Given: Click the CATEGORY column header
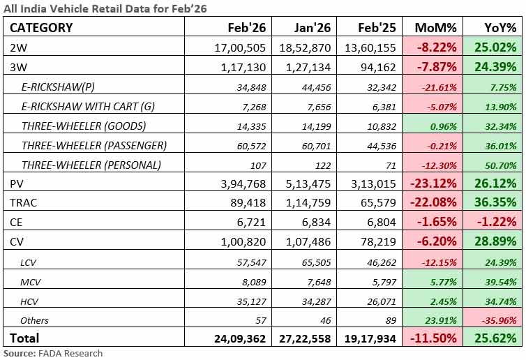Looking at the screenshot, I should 41,28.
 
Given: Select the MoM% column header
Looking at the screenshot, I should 435,28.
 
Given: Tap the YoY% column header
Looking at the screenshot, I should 500,28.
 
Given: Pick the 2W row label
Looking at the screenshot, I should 18,47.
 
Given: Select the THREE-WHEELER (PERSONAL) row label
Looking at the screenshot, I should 91,165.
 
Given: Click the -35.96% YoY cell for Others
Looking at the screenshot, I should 499,321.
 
